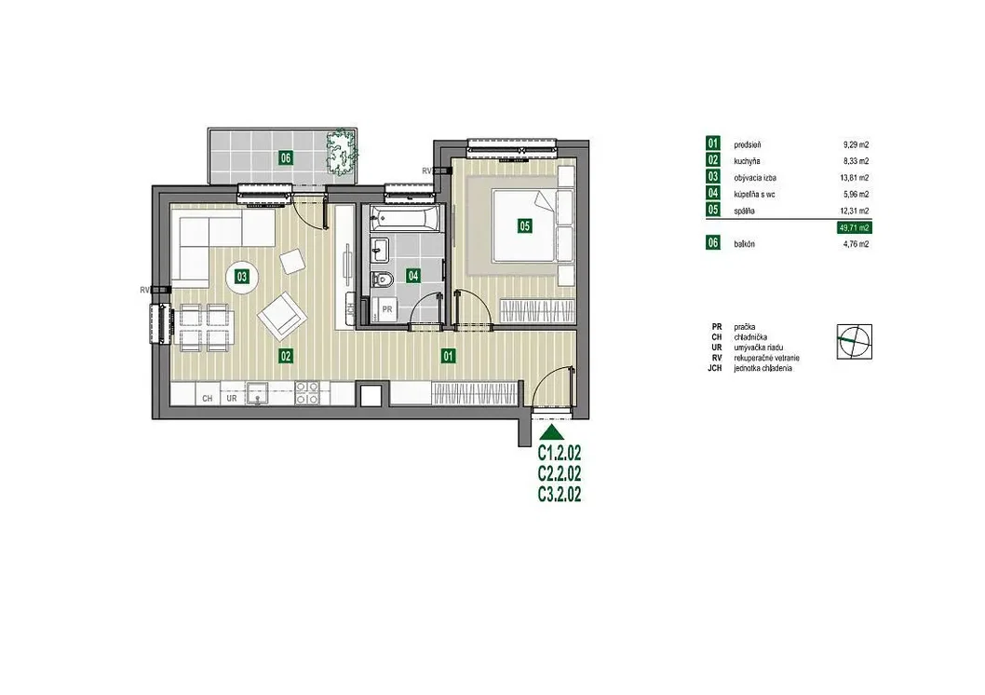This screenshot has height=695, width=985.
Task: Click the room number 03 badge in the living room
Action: [x=241, y=277]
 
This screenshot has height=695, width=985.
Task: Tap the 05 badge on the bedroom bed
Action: [x=524, y=225]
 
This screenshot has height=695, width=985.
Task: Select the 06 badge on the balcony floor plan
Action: [x=286, y=157]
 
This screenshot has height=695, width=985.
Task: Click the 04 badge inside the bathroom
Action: [x=412, y=275]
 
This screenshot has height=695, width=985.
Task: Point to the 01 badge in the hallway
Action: [x=448, y=356]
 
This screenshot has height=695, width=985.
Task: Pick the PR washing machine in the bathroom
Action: [x=387, y=310]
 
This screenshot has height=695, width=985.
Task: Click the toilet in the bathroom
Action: [x=382, y=278]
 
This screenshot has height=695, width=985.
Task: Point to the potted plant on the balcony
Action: [x=341, y=151]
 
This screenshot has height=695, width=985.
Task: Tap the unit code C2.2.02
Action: [x=560, y=473]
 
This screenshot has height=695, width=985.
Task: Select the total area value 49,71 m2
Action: [x=855, y=227]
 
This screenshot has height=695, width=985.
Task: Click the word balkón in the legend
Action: [x=745, y=244]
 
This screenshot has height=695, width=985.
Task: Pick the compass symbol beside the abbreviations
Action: [x=855, y=341]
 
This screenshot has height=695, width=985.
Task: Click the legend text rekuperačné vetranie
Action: [x=766, y=358]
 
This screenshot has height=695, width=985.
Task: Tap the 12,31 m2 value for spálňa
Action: [x=856, y=211]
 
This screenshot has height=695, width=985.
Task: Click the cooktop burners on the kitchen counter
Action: [x=308, y=393]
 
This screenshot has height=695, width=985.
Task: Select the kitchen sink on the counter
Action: [x=256, y=393]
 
